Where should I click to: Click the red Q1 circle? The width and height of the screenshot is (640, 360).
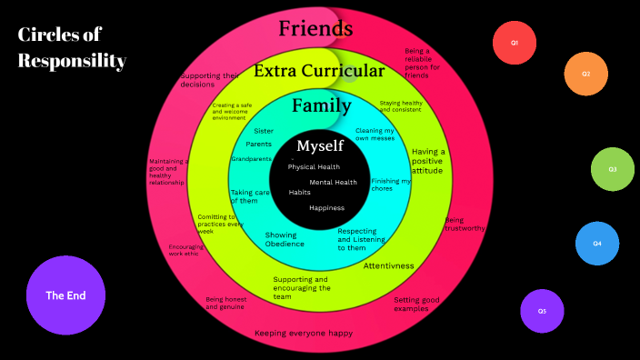[515, 43]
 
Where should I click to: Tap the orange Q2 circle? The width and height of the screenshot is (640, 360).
[585, 75]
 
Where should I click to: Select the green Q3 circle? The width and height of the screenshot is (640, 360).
[613, 169]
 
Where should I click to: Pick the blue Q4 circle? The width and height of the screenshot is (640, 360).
[597, 244]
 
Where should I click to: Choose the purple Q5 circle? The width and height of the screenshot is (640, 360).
[542, 311]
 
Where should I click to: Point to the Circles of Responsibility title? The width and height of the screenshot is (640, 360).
[72, 47]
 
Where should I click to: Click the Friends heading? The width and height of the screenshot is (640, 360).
[315, 29]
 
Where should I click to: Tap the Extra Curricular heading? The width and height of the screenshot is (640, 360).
[319, 71]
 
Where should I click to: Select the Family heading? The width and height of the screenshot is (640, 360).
[321, 106]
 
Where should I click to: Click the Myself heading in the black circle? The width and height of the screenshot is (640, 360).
[320, 145]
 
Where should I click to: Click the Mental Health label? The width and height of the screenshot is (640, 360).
[334, 183]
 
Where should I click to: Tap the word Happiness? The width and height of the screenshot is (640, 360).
[326, 208]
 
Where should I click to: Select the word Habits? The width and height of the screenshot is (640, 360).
[300, 193]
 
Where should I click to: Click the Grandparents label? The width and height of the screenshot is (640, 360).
[251, 159]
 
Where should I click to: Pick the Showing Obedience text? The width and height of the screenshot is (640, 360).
[285, 240]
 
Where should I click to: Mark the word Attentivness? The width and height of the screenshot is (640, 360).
[389, 266]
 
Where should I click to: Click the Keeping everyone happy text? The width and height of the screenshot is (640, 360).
[303, 334]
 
